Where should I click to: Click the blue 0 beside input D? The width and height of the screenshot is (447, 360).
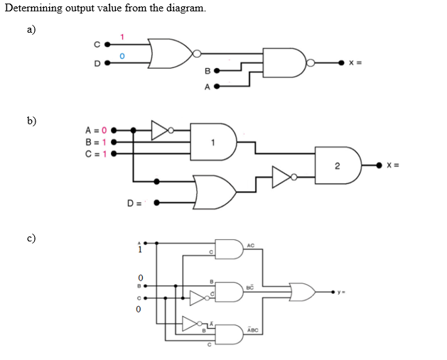tap(122, 55)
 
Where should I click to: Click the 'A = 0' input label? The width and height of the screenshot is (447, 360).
tap(95, 130)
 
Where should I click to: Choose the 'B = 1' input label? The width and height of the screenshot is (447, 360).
tap(95, 141)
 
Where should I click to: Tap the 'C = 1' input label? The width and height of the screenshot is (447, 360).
tap(95, 151)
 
